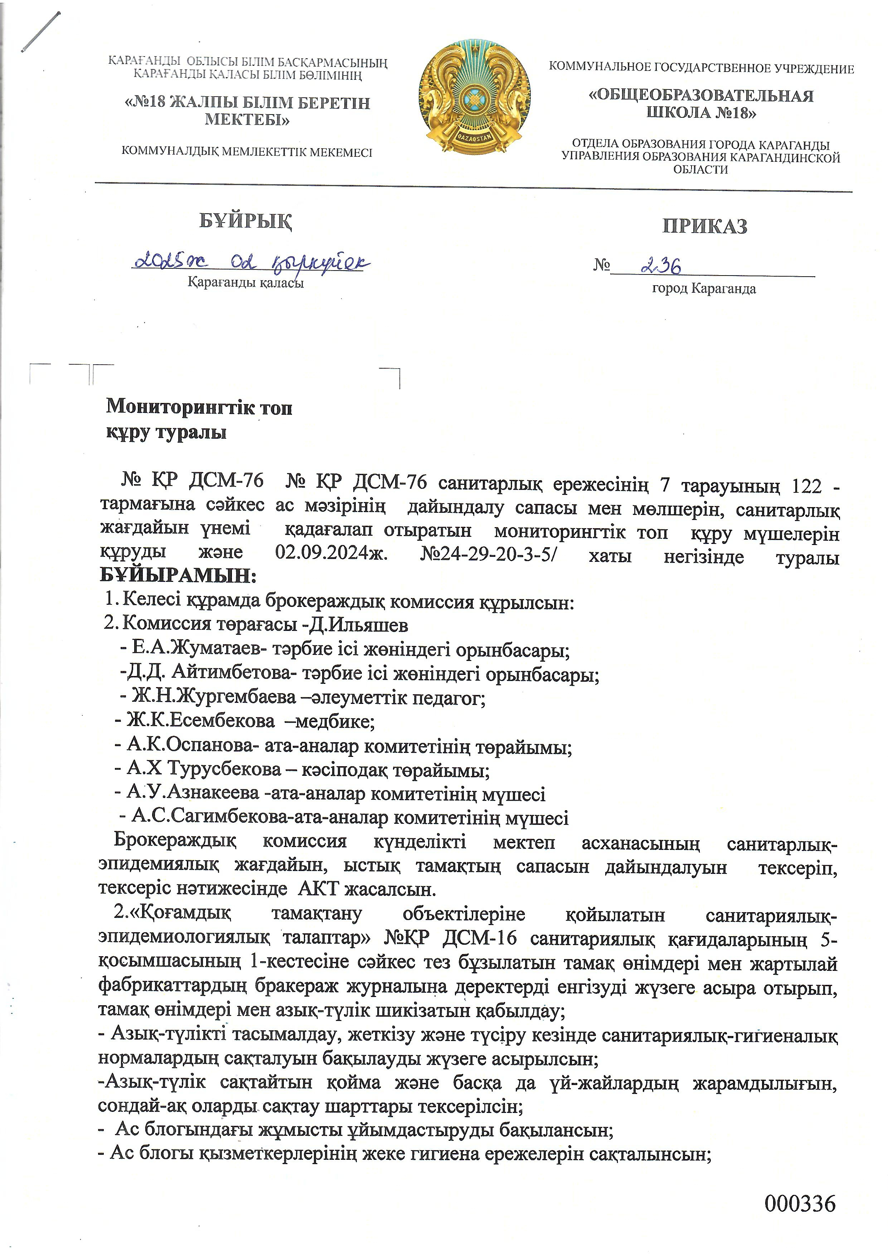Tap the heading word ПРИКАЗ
[704, 226]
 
